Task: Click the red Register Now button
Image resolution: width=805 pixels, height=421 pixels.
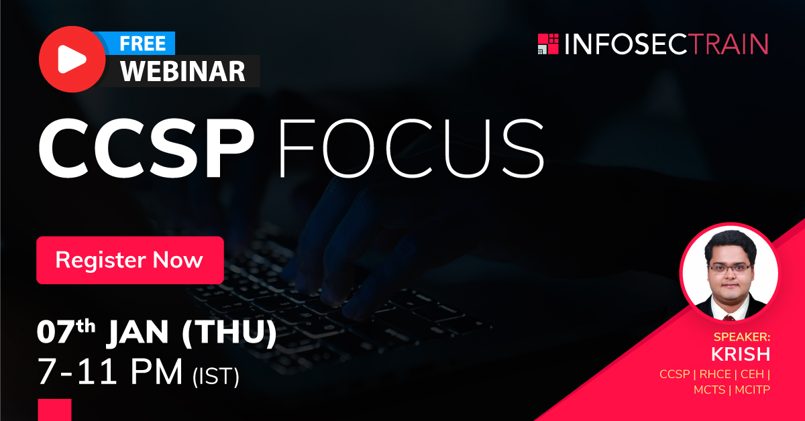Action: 129,260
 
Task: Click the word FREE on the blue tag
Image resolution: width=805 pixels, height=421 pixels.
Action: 142,44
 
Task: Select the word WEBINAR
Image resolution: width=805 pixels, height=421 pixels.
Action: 182,71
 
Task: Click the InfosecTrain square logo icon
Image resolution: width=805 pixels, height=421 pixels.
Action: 548,44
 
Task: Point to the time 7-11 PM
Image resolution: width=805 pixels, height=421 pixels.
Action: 111,373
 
